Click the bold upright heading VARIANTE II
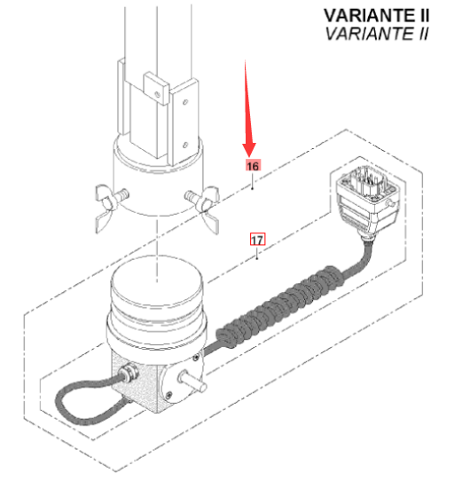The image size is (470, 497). [x=376, y=16]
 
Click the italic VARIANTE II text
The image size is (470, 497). [x=377, y=34]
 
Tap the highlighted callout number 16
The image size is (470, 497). [x=253, y=166]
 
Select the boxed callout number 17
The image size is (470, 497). [x=257, y=240]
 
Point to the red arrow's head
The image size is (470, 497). [x=249, y=150]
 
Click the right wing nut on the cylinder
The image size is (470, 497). [x=204, y=207]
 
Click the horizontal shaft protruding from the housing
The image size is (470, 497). [x=192, y=382]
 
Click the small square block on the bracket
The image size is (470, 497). [x=156, y=88]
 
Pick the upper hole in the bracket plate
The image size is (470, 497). [x=185, y=102]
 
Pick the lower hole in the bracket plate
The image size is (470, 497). [x=185, y=146]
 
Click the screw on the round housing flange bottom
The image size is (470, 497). [x=169, y=395]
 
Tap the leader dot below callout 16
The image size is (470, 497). [x=253, y=188]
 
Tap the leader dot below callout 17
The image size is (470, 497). [x=257, y=258]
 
